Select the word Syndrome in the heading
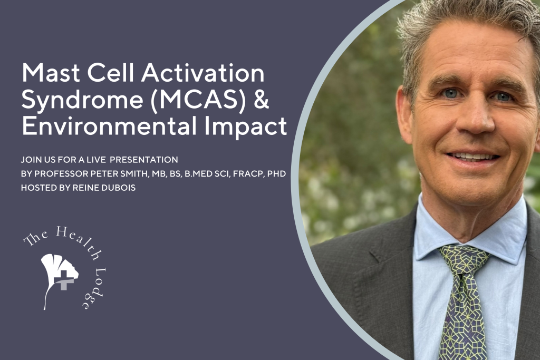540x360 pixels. click(x=82, y=100)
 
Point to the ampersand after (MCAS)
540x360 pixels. click(x=262, y=99)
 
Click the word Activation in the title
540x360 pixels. click(x=203, y=72)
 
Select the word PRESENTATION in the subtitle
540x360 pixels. click(x=143, y=160)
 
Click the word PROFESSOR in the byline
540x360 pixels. click(x=62, y=174)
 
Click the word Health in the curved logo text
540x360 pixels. click(x=74, y=240)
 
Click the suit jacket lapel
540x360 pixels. click(x=382, y=275)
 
